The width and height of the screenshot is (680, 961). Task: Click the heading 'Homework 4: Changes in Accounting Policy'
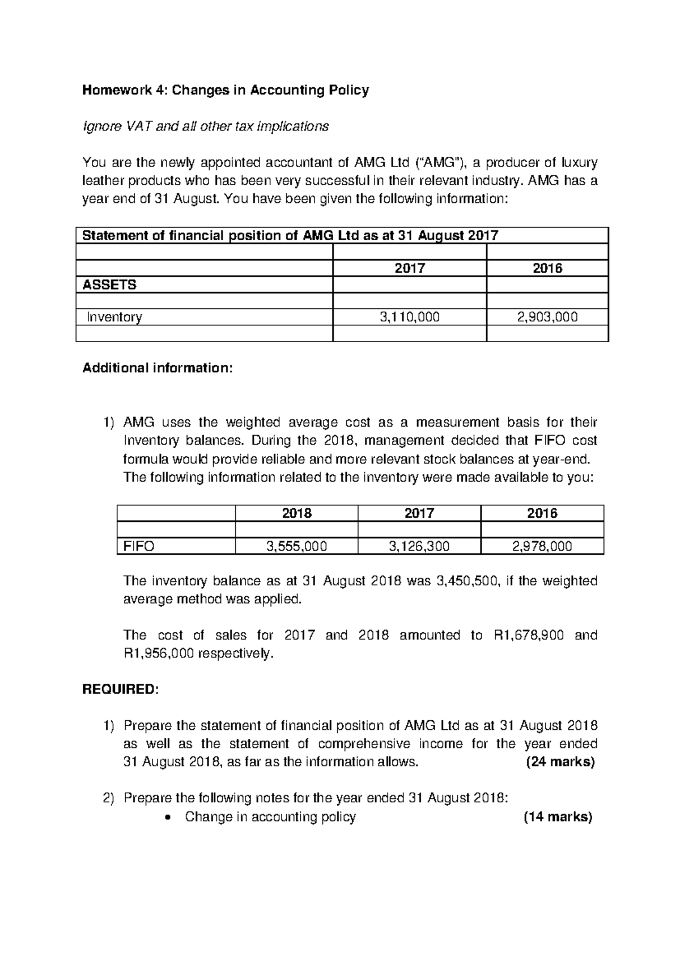click(x=226, y=90)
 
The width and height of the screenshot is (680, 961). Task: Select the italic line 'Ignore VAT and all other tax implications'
click(x=205, y=126)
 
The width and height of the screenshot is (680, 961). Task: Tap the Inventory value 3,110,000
click(x=409, y=317)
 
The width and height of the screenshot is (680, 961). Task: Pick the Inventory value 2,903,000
click(x=547, y=317)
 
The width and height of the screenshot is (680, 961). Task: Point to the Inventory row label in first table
click(x=114, y=317)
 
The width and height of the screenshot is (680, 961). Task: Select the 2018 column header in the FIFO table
click(x=296, y=513)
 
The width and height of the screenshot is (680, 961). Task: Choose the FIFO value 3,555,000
click(x=296, y=546)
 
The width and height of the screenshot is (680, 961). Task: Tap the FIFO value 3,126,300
click(x=419, y=546)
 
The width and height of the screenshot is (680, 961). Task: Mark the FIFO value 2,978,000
click(x=542, y=546)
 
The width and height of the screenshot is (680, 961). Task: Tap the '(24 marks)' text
click(x=560, y=762)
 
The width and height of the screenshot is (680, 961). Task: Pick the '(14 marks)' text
click(x=558, y=817)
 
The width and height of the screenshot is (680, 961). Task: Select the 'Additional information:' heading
click(x=157, y=368)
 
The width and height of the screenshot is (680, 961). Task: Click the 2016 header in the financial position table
click(x=547, y=269)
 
